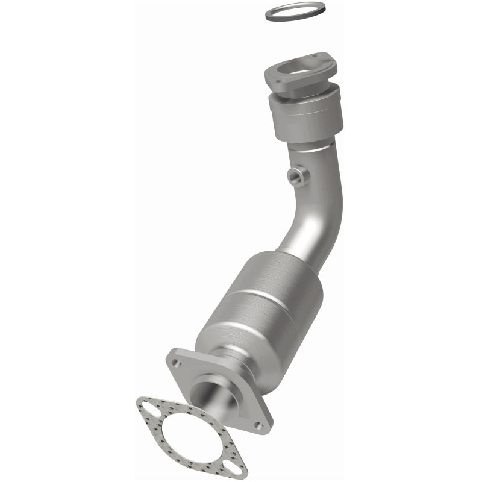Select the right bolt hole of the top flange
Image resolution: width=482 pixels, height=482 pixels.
coord(331,58)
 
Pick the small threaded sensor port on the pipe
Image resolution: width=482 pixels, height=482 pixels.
coord(298,176)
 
